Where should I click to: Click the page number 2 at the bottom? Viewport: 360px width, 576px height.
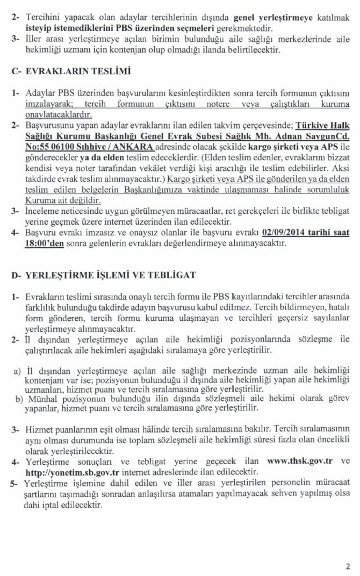point(348,566)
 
